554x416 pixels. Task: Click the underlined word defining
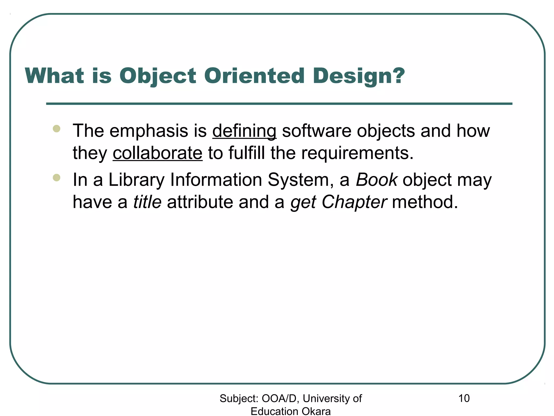(244, 131)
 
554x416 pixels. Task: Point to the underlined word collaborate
(157, 153)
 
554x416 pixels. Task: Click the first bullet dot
(57, 128)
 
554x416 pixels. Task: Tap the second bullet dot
(57, 178)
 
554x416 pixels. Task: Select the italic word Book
(376, 180)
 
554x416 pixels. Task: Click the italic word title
(147, 202)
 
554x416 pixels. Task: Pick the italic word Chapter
(354, 202)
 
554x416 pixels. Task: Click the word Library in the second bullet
(136, 180)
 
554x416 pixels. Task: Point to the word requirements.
(357, 153)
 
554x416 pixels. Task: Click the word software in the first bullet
(316, 131)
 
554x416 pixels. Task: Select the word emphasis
(149, 131)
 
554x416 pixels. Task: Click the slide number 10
(464, 398)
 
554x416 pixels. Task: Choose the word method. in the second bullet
(425, 202)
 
